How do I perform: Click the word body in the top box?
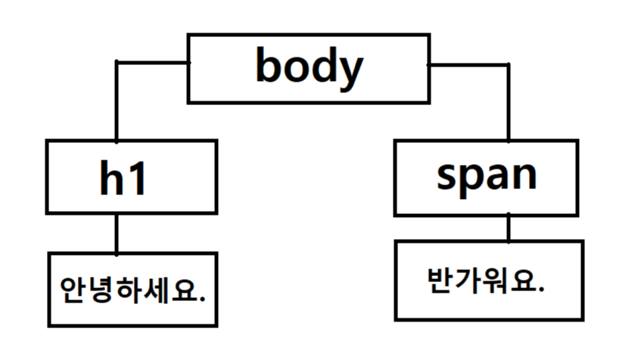[x=309, y=67]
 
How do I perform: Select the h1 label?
[x=123, y=178]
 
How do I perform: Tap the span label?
[x=487, y=175]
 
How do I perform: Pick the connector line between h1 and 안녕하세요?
[x=117, y=233]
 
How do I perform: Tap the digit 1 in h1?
[x=137, y=178]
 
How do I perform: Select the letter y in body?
[x=349, y=71]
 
